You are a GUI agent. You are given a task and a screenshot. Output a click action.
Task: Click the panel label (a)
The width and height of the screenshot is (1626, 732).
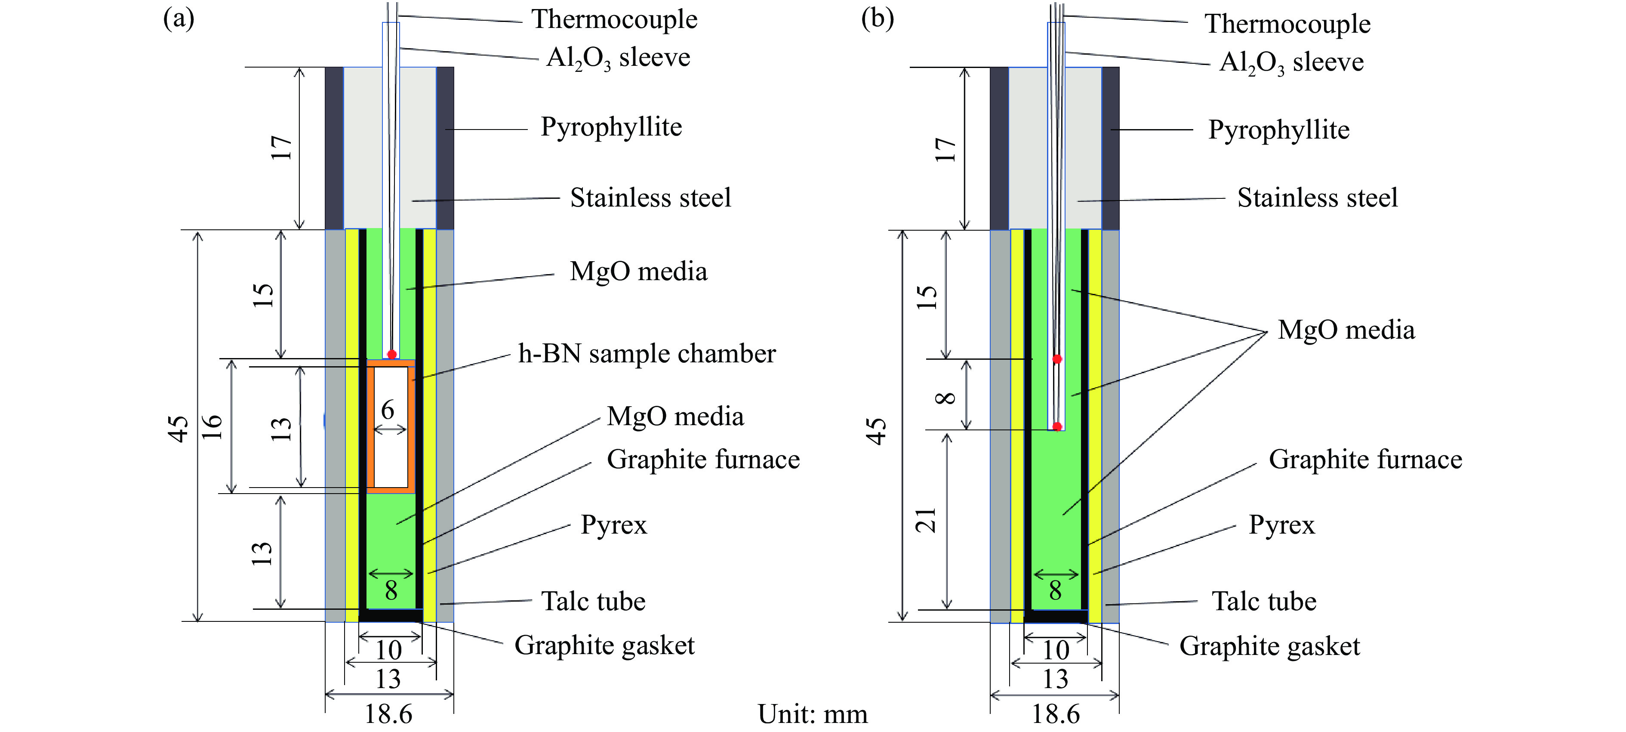179,19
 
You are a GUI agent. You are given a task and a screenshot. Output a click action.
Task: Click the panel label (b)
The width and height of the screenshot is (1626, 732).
878,19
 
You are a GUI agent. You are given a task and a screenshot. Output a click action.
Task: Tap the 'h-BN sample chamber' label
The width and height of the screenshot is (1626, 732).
647,354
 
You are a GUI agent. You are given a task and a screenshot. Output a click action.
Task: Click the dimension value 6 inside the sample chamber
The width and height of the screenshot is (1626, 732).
388,411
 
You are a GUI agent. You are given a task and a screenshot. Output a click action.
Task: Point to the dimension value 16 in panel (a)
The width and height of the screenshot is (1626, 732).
212,427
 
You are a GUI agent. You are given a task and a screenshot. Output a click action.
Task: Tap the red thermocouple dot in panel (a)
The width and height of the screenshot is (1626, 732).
392,354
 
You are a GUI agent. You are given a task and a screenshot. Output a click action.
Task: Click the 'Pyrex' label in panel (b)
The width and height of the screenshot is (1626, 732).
1281,525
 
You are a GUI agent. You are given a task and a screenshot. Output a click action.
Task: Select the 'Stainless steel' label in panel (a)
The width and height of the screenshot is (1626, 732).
650,198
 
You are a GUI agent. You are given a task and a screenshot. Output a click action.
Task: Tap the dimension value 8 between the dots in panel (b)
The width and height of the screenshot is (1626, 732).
945,397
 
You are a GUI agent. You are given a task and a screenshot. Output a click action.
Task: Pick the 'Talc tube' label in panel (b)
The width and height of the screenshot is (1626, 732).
1264,601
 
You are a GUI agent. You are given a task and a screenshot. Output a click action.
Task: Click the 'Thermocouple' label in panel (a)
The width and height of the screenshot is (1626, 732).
613,19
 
